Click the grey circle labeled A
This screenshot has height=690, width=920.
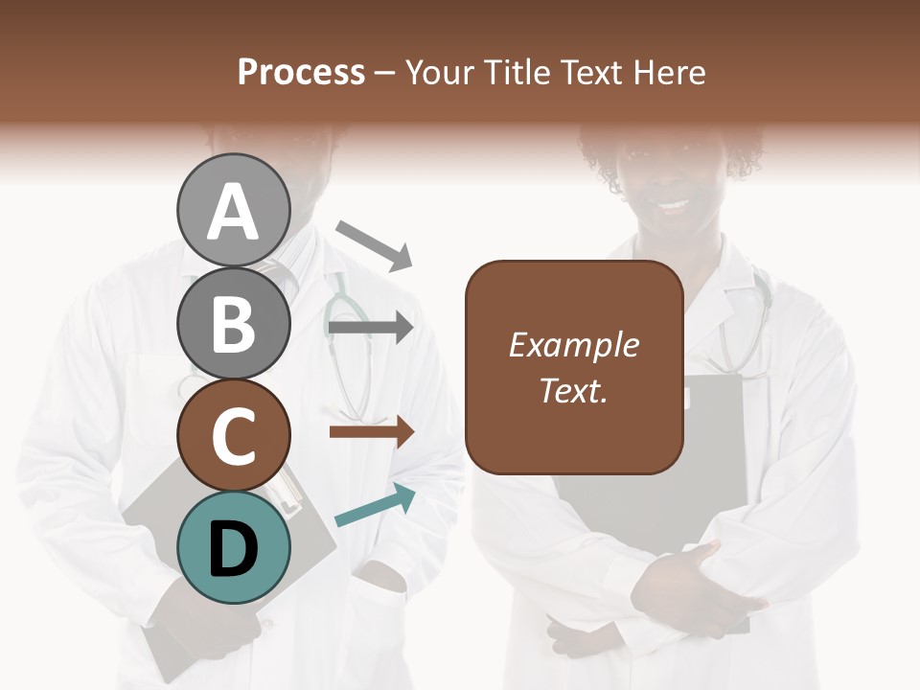[x=233, y=210]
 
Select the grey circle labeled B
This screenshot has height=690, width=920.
[x=233, y=323]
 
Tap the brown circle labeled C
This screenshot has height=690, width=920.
[x=233, y=435]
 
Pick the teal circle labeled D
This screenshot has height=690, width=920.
[x=233, y=547]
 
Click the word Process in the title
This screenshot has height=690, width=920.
[x=301, y=72]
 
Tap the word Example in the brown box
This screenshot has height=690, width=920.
[x=573, y=345]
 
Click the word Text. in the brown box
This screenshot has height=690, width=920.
[x=573, y=390]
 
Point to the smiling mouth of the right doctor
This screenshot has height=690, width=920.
[x=674, y=204]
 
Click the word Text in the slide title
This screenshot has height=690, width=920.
[x=592, y=72]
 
